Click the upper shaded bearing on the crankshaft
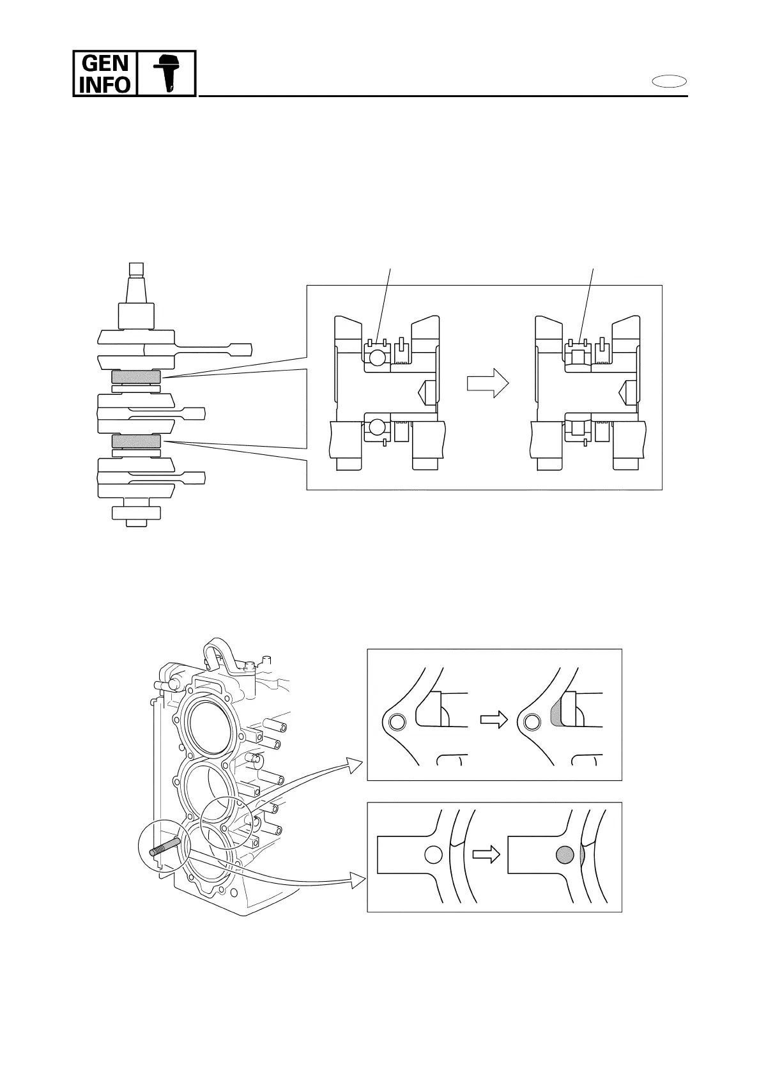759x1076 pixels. click(136, 378)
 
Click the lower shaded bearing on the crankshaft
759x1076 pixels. click(136, 441)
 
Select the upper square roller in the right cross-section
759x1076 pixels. click(579, 357)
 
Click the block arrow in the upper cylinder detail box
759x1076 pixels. click(493, 720)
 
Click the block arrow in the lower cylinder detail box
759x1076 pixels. click(486, 855)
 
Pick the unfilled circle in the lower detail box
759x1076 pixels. click(433, 854)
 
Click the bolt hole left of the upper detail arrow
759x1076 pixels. click(397, 722)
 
